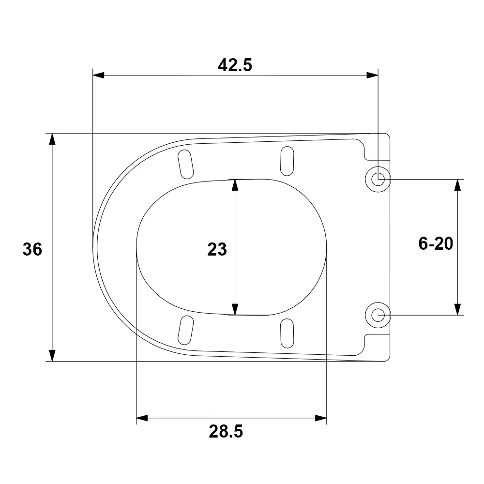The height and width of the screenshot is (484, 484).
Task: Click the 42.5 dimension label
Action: pos(235,65)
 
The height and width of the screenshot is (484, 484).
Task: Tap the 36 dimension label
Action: pos(32,249)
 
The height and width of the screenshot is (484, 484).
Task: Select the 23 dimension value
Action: pos(217,250)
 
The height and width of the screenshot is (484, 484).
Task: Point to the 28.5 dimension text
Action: pos(226,430)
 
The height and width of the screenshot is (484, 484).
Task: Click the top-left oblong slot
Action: pos(186,164)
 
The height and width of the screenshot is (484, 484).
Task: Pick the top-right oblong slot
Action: pos(287,160)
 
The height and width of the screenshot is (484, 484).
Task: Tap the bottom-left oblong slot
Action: pos(186,330)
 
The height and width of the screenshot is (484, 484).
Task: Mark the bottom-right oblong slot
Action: pos(287,333)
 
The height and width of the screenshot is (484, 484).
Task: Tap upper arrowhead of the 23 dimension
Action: pos(235,185)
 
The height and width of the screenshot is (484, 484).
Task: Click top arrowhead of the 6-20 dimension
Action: pos(457,185)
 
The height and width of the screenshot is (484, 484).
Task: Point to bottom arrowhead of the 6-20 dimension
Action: pos(457,309)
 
